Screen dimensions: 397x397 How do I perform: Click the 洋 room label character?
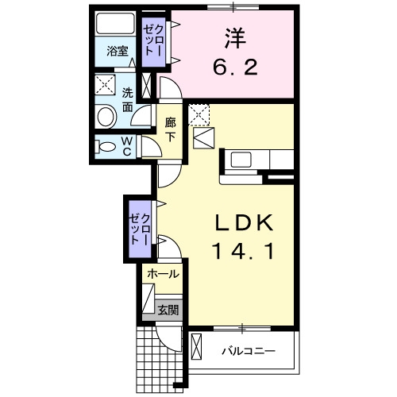coord(235,38)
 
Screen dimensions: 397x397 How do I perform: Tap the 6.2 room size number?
coord(235,67)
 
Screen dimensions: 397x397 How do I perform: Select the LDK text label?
coord(243,222)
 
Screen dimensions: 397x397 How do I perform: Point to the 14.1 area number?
coord(243,252)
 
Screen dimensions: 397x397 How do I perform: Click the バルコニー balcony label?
coord(249,352)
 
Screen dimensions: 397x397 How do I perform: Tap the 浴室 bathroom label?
coord(118,51)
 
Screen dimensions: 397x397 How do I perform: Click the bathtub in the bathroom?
coord(115,23)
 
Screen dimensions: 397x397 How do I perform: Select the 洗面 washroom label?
coord(127,100)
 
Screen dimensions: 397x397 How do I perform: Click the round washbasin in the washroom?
coord(107,117)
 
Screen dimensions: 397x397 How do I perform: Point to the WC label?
coord(127,146)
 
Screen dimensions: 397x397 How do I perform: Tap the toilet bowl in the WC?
coord(106,147)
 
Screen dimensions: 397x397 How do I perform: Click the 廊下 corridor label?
coord(170,129)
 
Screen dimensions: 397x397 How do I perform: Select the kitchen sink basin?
coord(241,160)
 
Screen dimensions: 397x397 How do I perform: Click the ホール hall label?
coord(164,274)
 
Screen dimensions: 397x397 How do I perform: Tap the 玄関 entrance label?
coord(168,310)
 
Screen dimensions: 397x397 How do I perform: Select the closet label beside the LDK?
coord(140,229)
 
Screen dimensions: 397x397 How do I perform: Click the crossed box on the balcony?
coord(196,346)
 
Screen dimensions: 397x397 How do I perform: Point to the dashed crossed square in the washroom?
coord(106,84)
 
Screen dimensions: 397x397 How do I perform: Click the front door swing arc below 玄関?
coord(165,341)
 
